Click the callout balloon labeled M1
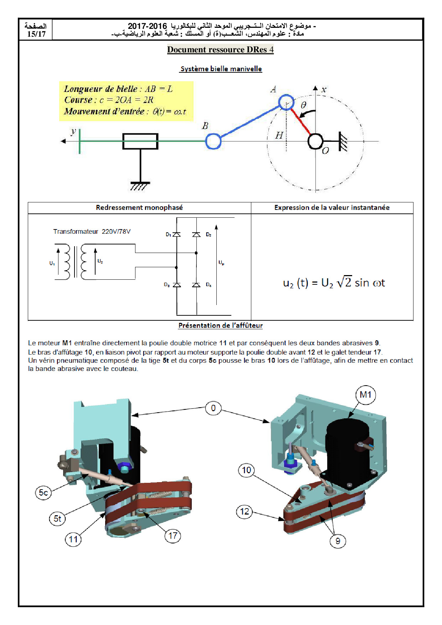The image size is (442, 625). [365, 395]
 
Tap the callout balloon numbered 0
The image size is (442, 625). [213, 408]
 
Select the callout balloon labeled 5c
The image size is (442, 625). [43, 492]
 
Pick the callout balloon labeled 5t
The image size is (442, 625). [57, 518]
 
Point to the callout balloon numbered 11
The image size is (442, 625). [73, 539]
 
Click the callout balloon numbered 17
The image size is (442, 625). [173, 536]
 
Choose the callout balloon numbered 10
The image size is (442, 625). [246, 470]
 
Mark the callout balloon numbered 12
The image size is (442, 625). [245, 512]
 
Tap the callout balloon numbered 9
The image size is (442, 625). [338, 541]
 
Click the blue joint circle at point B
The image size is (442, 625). [213, 141]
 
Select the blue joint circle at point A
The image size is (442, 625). [286, 102]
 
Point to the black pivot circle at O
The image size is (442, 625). [315, 141]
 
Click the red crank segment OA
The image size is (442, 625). [300, 121]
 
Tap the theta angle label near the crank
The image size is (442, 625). [303, 105]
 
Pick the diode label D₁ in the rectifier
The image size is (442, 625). [168, 234]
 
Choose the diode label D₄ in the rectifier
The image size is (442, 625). [209, 285]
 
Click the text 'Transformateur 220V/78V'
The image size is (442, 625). [92, 232]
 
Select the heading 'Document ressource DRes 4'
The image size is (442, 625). [220, 50]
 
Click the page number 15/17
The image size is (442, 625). [36, 34]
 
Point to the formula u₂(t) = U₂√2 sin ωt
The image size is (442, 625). [334, 283]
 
